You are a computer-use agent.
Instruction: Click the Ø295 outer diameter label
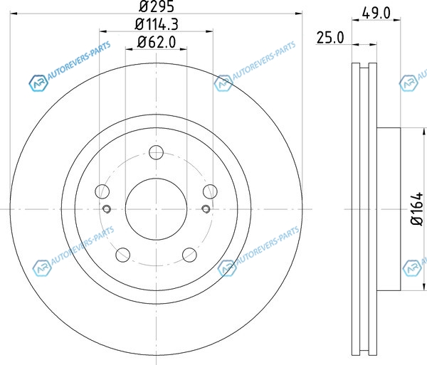click(156, 6)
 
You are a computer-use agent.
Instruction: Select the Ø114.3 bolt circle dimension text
click(157, 24)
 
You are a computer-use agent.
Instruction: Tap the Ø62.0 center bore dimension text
click(157, 42)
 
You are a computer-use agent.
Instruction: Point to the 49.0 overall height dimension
click(376, 13)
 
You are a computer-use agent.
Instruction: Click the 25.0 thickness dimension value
click(330, 38)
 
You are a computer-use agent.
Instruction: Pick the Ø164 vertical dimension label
click(417, 208)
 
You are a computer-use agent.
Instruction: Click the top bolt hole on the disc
click(157, 152)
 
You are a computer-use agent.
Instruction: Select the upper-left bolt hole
click(102, 191)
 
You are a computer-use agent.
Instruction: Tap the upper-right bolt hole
click(210, 191)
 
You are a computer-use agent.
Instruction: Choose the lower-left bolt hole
click(123, 255)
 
